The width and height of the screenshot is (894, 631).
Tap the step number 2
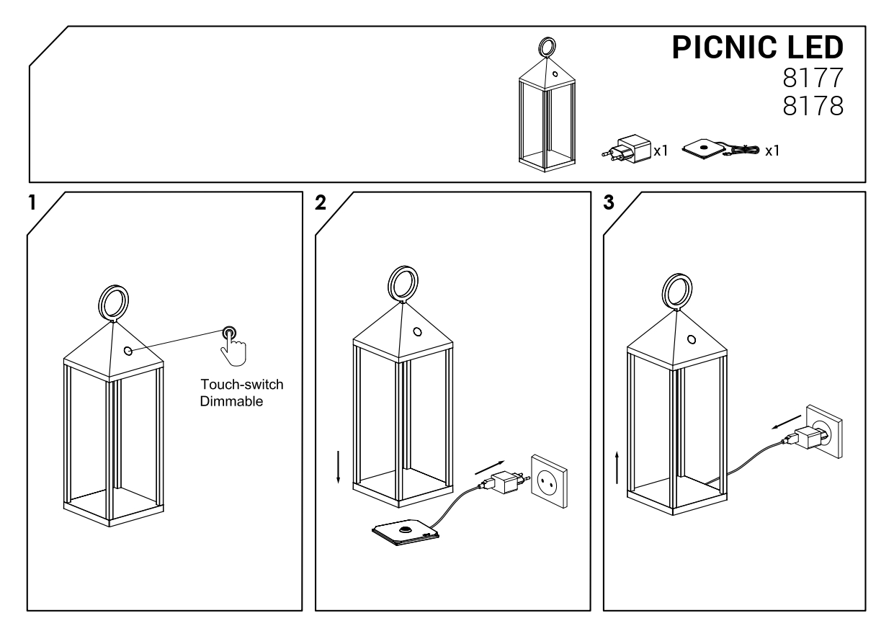pyautogui.click(x=321, y=202)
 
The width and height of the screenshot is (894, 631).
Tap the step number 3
pyautogui.click(x=609, y=202)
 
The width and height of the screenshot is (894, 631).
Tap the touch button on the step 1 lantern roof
pyautogui.click(x=128, y=351)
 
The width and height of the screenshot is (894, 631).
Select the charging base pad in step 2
pyautogui.click(x=406, y=532)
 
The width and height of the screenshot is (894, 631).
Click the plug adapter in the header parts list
pyautogui.click(x=627, y=147)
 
